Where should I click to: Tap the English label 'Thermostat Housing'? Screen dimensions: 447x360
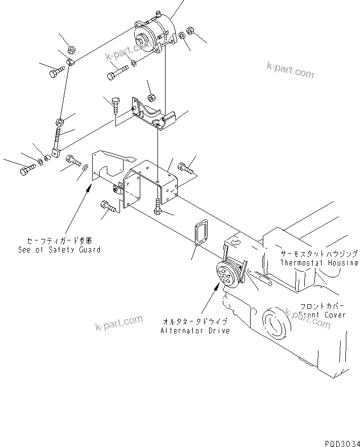coord(319,263)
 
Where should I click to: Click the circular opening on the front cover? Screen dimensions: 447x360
coord(275,323)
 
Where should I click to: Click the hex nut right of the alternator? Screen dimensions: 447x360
coord(191,31)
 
